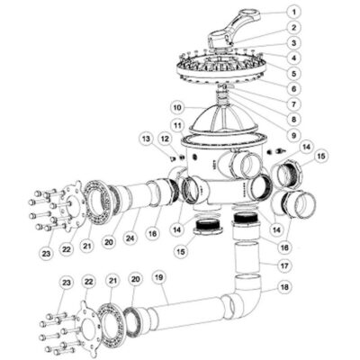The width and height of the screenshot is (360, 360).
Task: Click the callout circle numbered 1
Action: tap(293, 13)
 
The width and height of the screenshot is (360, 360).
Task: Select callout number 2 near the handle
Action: tap(293, 28)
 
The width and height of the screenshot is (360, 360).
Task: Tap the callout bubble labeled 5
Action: tap(293, 72)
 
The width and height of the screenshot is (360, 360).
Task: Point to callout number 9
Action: tap(293, 134)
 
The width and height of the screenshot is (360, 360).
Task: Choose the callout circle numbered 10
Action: tap(178, 106)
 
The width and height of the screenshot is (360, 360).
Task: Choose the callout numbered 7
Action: tap(293, 103)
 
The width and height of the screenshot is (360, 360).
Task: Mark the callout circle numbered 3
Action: tap(293, 42)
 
